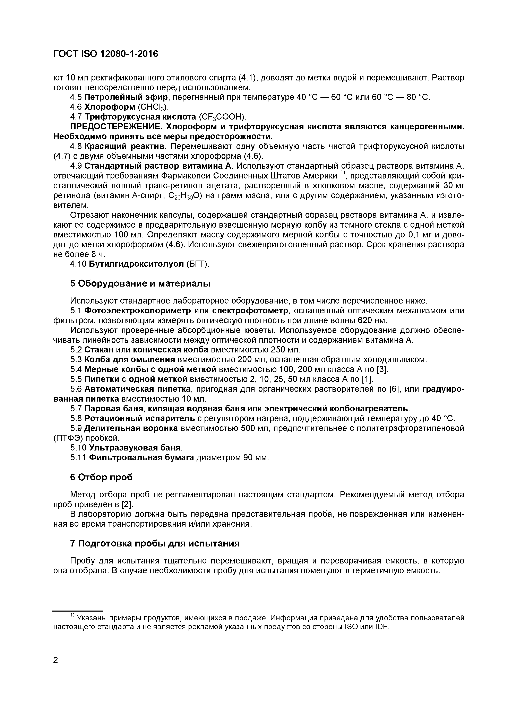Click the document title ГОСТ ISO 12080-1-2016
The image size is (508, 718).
(x=106, y=54)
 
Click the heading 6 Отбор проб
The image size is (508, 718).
(x=101, y=477)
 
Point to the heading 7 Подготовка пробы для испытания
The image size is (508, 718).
(x=155, y=543)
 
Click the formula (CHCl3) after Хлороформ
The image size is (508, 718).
(x=153, y=107)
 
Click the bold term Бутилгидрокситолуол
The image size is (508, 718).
(x=136, y=264)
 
